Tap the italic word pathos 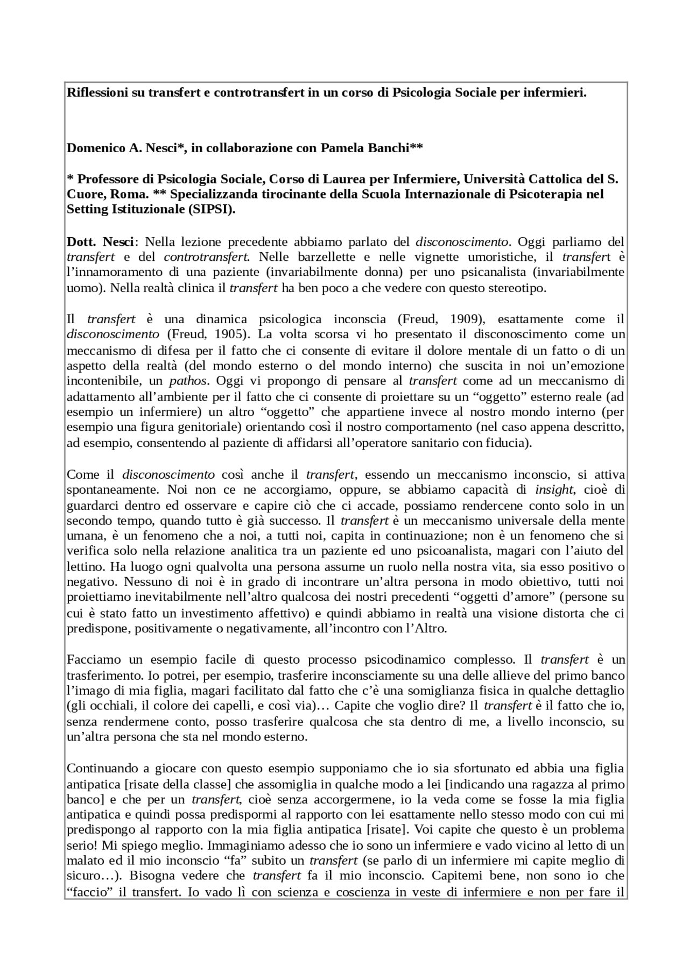coord(188,381)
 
